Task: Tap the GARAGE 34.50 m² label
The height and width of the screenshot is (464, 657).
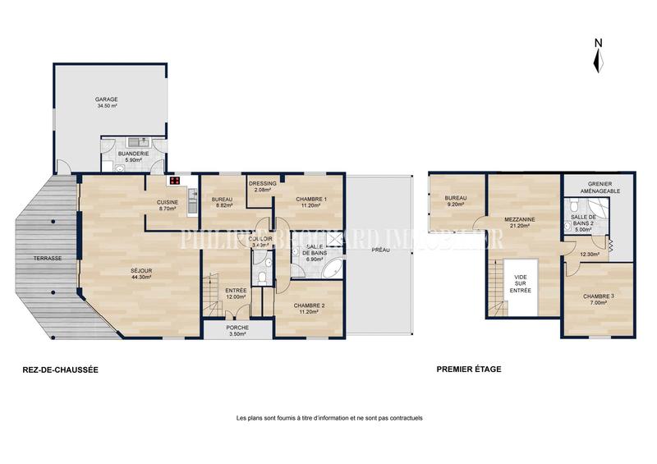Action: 106,103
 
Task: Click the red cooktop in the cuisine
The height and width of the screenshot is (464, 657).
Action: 174,181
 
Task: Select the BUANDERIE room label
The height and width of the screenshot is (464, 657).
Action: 132,156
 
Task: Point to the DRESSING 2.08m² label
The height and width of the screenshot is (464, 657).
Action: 263,186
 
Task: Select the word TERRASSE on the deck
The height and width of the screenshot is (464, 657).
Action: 48,258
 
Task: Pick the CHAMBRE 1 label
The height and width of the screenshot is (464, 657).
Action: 312,202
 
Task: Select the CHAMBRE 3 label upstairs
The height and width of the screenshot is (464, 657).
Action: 597,299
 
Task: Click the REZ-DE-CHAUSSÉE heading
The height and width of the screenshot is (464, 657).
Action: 61,370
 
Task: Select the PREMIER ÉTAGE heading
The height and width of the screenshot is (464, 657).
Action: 469,370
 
